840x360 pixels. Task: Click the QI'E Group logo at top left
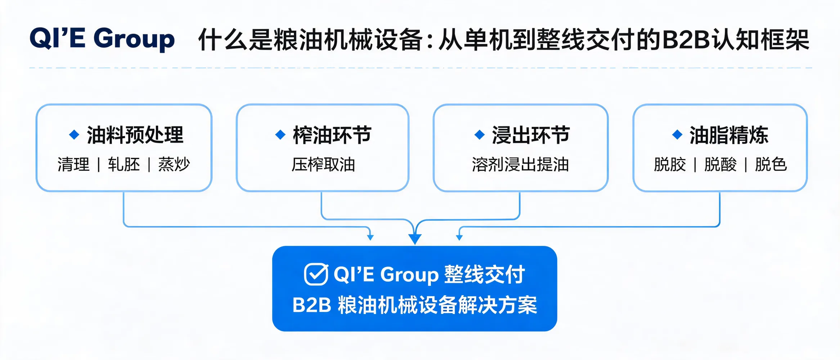click(102, 39)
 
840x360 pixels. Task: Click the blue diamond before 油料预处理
click(74, 135)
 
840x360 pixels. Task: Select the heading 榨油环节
click(332, 135)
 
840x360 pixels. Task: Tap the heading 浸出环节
click(531, 135)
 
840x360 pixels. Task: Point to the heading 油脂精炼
click(729, 135)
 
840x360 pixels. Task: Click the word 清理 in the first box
click(73, 165)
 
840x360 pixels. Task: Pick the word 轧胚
click(124, 165)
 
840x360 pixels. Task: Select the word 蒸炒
click(174, 165)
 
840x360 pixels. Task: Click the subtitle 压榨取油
click(323, 165)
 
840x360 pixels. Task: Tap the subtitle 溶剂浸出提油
click(520, 165)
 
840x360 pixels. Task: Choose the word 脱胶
click(670, 165)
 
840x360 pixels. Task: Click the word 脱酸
click(720, 165)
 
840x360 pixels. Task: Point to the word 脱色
click(771, 165)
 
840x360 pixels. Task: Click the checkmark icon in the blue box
click(316, 274)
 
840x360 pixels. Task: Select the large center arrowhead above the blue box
click(415, 239)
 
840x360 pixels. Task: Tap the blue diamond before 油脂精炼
click(677, 135)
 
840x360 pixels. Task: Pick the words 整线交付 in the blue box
click(484, 275)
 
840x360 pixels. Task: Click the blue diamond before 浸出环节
click(480, 135)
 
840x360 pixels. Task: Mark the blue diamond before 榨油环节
click(280, 135)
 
